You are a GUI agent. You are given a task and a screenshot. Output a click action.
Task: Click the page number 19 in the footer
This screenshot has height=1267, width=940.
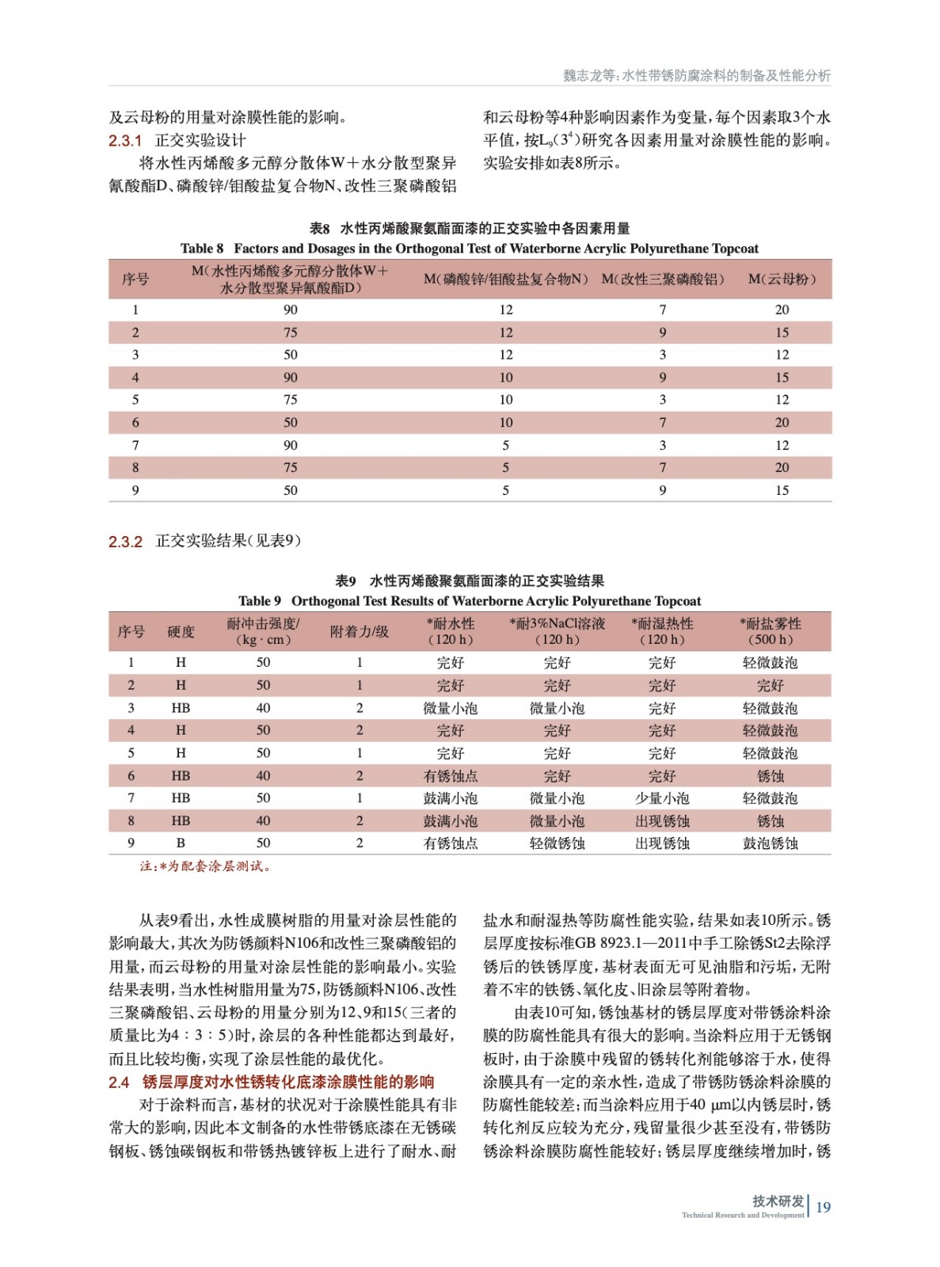coord(824,1207)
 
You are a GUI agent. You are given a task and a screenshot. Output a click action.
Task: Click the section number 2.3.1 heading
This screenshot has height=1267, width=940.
coord(125,141)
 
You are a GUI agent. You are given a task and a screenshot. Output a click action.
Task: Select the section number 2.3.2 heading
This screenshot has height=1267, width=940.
coord(125,542)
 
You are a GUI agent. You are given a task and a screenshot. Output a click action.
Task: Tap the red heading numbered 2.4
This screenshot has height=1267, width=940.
coord(271,1082)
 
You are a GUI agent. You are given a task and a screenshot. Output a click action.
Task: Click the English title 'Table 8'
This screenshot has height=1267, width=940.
coord(469,249)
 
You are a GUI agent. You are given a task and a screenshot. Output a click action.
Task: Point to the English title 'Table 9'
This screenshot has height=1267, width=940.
coord(469,601)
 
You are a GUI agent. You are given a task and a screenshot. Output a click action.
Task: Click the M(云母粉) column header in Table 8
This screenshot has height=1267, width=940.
coord(782,279)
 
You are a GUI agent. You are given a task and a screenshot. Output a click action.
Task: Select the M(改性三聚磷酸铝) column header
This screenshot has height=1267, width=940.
coord(663,279)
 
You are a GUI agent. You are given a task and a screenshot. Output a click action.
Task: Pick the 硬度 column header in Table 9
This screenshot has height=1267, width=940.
coord(181,631)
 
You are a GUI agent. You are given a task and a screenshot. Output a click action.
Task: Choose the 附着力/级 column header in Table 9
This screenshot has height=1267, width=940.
coord(360,631)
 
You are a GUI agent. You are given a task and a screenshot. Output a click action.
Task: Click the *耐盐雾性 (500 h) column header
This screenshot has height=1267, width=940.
coord(770,631)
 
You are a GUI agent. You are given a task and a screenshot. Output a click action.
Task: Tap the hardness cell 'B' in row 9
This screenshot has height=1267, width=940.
coord(181,843)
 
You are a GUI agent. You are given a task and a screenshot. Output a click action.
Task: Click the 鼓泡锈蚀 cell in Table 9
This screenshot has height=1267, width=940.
coord(770,843)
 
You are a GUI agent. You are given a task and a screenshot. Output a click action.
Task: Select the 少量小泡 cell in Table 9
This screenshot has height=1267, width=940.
coord(662,798)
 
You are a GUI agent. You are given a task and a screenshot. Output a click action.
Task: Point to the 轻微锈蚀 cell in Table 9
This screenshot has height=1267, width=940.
coord(557,843)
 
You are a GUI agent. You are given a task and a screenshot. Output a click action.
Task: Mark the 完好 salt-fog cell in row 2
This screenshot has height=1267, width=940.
coord(770,685)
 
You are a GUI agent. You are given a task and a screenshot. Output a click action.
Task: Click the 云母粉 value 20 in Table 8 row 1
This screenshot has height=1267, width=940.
coord(782,310)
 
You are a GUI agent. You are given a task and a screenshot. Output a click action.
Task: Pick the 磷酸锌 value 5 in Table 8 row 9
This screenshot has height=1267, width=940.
coord(506,490)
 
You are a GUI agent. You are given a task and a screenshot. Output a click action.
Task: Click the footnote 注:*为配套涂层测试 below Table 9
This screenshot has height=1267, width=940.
coord(207,866)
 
